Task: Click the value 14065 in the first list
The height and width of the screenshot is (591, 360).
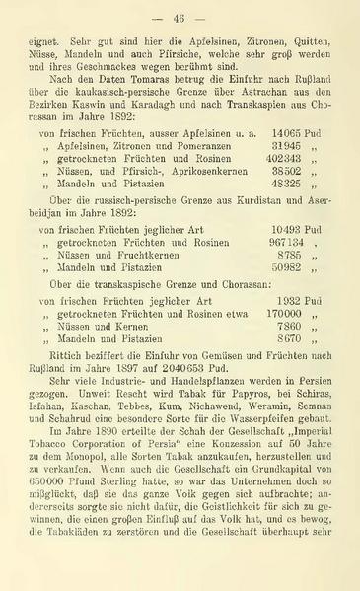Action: [287, 158]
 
